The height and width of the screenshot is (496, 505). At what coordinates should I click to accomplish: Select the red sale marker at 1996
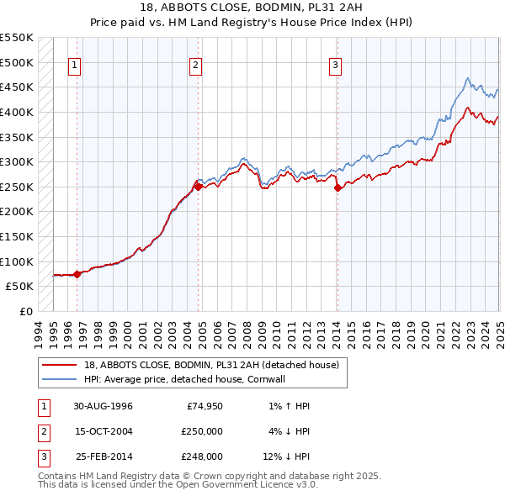pyautogui.click(x=77, y=273)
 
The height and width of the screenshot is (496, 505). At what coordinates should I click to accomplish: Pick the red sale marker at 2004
pyautogui.click(x=198, y=187)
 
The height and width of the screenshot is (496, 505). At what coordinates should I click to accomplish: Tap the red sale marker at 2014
pyautogui.click(x=337, y=187)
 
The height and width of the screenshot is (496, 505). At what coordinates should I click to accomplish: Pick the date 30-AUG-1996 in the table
pyautogui.click(x=104, y=406)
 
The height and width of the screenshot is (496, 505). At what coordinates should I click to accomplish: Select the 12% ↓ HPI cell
pyautogui.click(x=287, y=456)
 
